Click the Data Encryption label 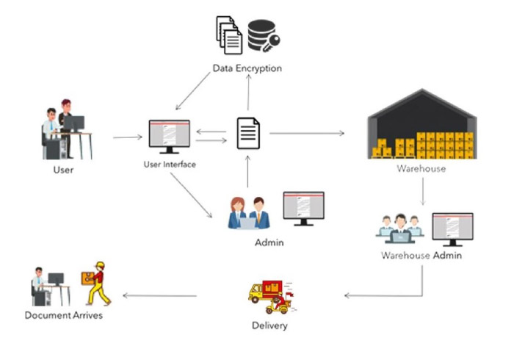(247, 68)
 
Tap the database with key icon (264, 36)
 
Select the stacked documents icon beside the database (229, 35)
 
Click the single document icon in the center (248, 133)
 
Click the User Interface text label (170, 165)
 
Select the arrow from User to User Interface (128, 137)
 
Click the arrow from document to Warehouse (307, 133)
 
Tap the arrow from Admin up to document (248, 171)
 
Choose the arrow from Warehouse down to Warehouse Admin (422, 192)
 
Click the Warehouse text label (421, 168)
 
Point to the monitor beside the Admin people (303, 209)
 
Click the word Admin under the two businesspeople (269, 242)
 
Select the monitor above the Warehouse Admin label (452, 229)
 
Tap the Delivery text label (269, 325)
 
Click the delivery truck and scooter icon (272, 297)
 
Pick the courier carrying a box (96, 284)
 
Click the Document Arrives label (64, 315)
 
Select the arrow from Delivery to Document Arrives (159, 296)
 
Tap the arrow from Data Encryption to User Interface (192, 91)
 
